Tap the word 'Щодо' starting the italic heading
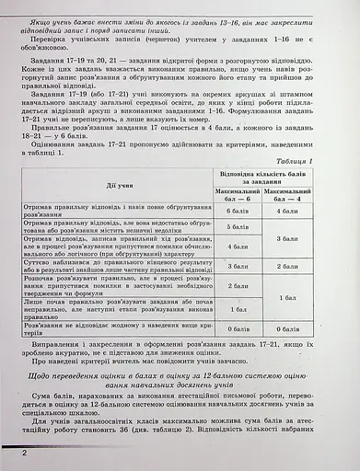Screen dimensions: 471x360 44,375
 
